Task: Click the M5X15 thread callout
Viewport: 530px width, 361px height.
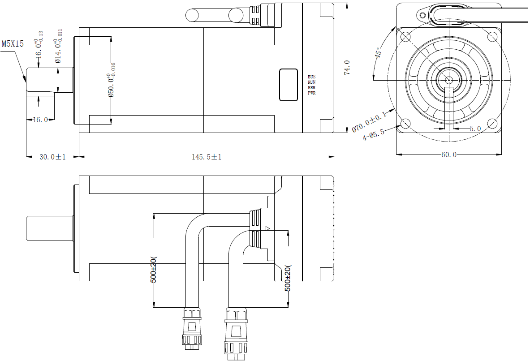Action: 13,44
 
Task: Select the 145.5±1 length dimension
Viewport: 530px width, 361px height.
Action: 207,157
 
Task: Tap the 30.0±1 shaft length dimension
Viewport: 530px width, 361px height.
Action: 53,157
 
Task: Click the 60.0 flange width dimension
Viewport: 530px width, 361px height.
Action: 449,155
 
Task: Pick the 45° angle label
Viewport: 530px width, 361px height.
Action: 379,53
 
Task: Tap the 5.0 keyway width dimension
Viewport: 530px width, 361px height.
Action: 475,129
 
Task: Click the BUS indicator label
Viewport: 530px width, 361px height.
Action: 312,77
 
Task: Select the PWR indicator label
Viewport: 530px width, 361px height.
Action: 312,93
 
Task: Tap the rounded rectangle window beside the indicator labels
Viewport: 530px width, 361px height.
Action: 289,85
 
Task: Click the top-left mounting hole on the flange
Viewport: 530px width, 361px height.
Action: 406,36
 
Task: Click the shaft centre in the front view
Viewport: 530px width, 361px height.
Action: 449,80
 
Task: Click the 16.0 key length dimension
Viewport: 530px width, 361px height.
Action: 40,120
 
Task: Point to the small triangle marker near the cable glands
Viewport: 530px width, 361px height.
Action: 267,229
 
